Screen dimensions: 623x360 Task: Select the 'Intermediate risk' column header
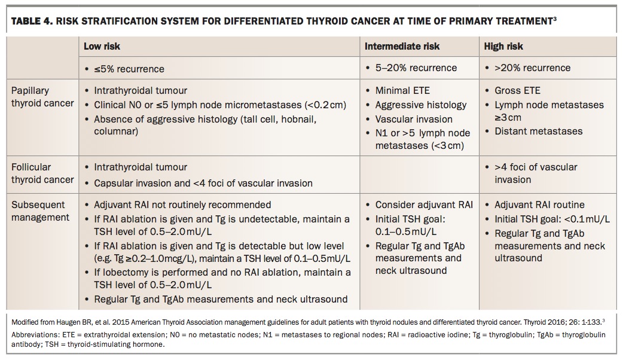point(402,46)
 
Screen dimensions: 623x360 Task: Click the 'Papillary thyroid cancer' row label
point(42,97)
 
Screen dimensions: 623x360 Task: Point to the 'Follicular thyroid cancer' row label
point(42,173)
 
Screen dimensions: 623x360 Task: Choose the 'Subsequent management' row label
point(40,211)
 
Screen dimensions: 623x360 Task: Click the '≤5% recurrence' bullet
point(129,68)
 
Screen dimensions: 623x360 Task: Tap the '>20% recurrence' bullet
point(532,68)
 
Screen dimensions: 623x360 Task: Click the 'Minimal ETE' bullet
point(402,91)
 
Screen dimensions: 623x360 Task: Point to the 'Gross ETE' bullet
point(517,91)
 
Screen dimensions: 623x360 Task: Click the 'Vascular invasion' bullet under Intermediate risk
point(414,119)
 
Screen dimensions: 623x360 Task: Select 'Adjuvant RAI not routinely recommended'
point(182,205)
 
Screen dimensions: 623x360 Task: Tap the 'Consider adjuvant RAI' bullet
point(423,205)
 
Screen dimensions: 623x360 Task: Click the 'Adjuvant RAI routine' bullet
point(539,205)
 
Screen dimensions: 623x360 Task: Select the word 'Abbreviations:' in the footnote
point(33,335)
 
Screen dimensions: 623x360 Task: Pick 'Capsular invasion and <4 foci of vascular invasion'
point(203,183)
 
